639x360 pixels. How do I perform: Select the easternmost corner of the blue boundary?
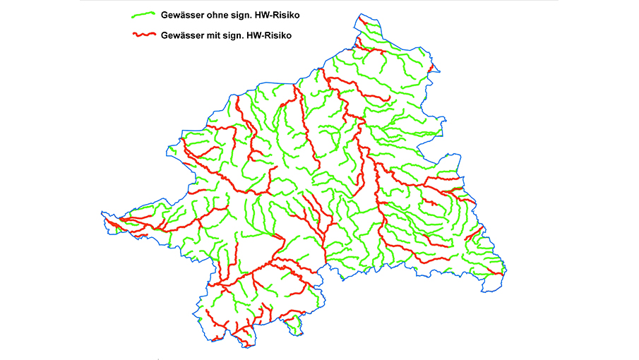point(506,273)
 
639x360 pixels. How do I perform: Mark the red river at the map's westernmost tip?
point(113,221)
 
